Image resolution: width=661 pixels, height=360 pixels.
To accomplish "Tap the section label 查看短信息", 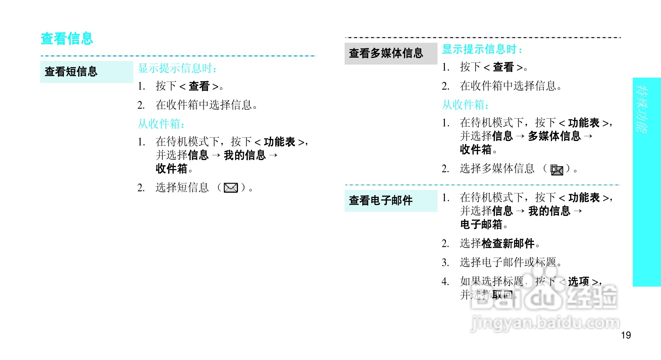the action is click(71, 72).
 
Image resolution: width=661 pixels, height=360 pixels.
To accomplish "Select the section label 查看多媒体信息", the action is click(386, 53).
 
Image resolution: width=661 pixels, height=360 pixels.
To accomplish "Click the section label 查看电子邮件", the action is click(381, 200).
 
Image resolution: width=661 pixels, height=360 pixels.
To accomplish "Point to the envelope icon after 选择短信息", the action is click(231, 188).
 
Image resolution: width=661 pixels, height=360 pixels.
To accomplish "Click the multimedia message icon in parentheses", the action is click(557, 170).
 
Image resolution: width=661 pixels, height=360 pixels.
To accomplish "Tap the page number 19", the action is click(626, 335).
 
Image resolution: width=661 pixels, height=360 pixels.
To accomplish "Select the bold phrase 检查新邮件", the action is click(508, 243).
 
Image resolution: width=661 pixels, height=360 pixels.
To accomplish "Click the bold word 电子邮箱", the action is click(481, 224).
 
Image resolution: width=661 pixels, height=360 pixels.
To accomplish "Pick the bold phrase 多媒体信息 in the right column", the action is click(554, 136).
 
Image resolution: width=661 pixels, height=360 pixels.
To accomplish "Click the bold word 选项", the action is click(578, 281).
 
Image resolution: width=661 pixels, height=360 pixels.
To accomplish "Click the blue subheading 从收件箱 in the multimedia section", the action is click(465, 105).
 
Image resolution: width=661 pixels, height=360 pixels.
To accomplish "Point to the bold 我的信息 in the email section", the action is click(549, 211).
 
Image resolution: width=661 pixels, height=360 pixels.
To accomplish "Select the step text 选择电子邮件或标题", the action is click(508, 262).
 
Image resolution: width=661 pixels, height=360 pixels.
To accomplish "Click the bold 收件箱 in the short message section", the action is click(171, 169).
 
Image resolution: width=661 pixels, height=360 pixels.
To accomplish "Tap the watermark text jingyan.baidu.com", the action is click(545, 323).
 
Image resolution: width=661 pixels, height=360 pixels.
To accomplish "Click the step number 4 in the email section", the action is click(445, 282).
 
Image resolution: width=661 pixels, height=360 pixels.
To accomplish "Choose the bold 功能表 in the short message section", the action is click(279, 142).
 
